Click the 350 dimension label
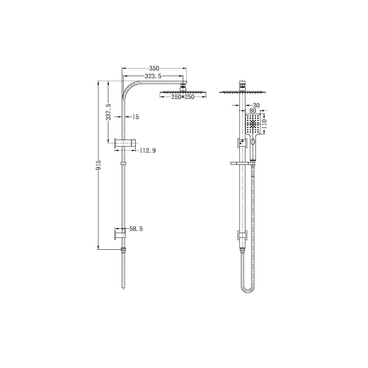(x=154, y=68)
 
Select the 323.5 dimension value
(x=153, y=76)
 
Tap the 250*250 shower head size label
(x=183, y=97)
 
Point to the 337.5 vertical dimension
(x=108, y=112)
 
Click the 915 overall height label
(x=99, y=165)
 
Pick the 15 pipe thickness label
(x=135, y=117)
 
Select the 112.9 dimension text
(x=147, y=151)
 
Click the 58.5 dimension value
(x=136, y=229)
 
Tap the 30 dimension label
(x=256, y=105)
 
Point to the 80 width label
(x=253, y=111)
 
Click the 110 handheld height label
(x=264, y=124)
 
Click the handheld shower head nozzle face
(x=253, y=124)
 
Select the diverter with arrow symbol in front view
(x=242, y=143)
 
